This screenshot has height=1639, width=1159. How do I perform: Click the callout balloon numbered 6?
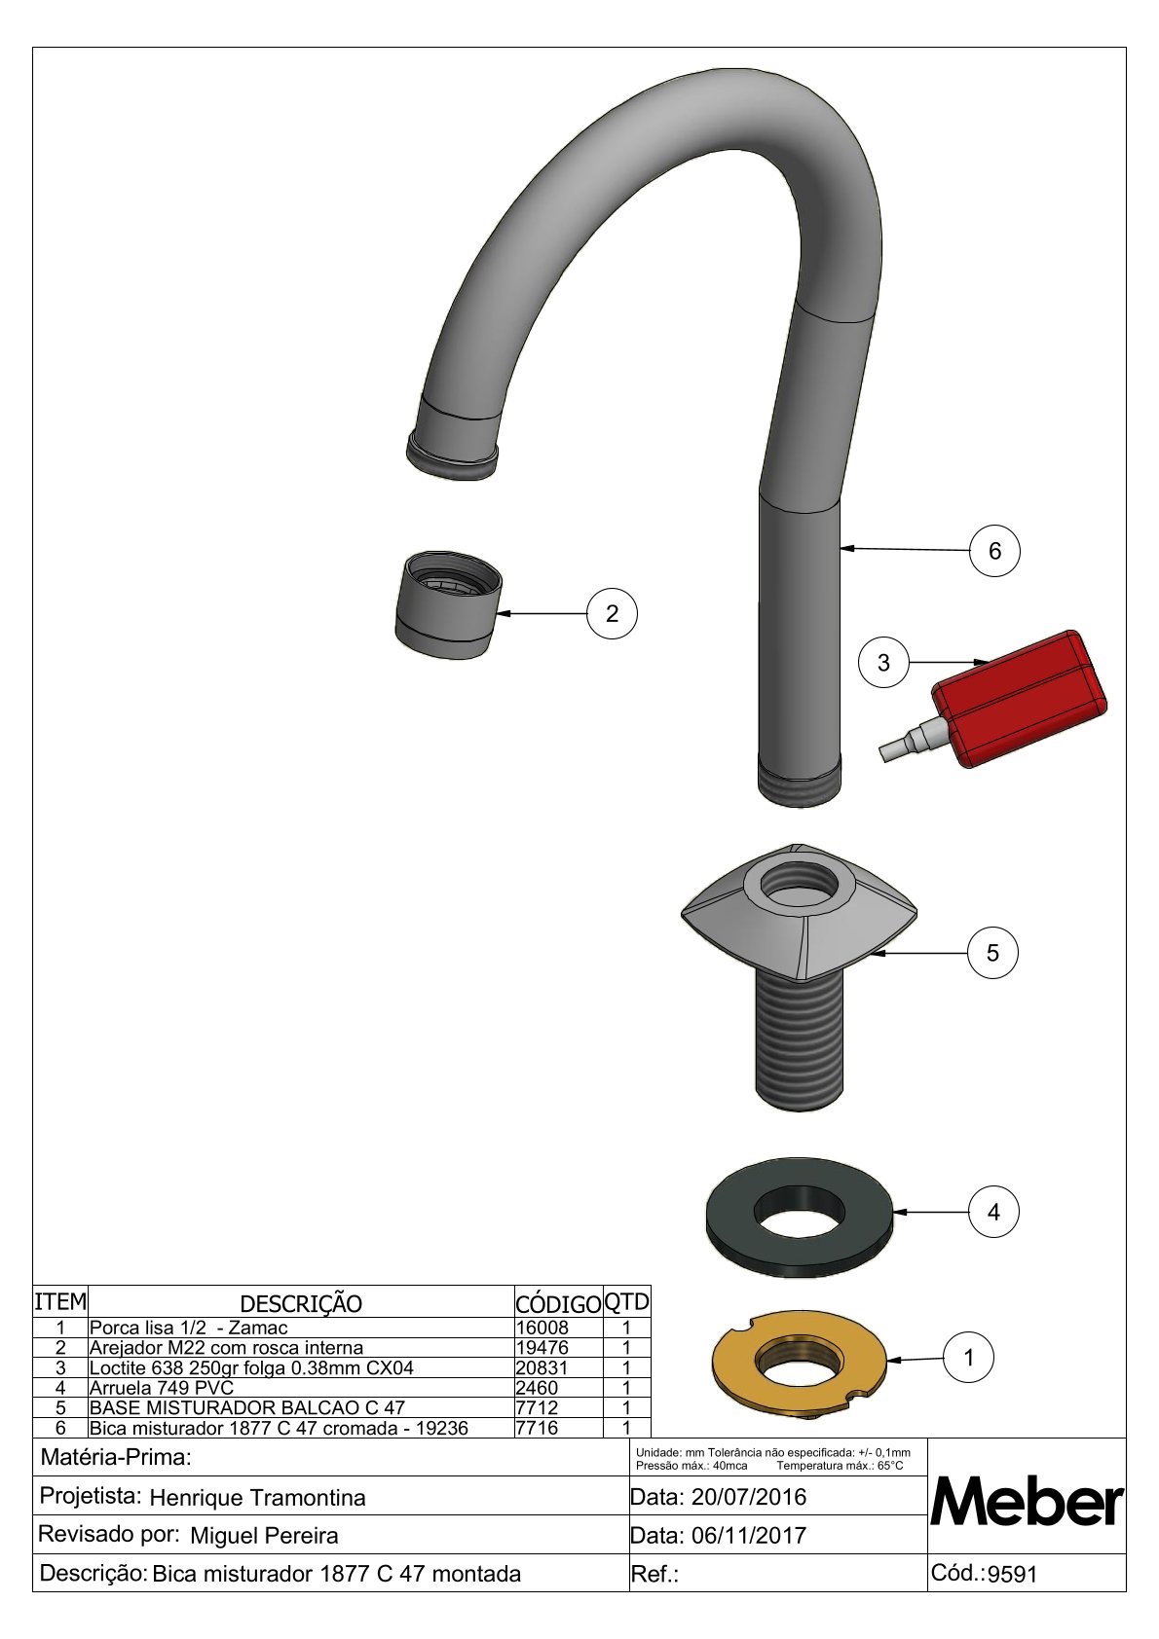click(994, 550)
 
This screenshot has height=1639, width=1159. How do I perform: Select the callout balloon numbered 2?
click(612, 613)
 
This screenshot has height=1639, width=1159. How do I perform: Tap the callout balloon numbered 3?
click(883, 662)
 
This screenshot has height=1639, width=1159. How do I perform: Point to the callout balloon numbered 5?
click(992, 953)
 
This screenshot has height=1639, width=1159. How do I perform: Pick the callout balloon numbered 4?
click(993, 1213)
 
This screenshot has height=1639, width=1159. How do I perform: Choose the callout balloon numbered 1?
click(969, 1358)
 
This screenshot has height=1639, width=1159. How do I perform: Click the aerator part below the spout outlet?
click(449, 605)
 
